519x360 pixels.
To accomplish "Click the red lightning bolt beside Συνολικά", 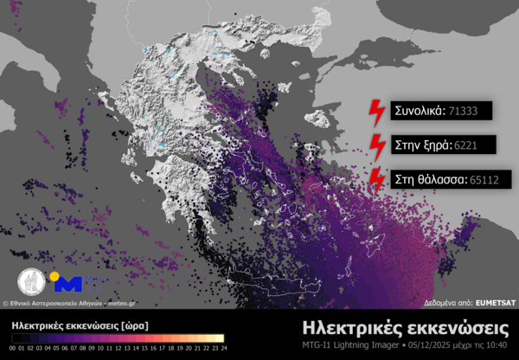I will point(377,111).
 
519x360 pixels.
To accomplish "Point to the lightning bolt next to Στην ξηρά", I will point(377,145).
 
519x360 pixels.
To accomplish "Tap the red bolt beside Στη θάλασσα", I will point(377,178).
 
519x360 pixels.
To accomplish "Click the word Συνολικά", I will point(419,111).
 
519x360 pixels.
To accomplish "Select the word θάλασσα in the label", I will point(439,180).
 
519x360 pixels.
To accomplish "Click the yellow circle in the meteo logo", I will point(54,278).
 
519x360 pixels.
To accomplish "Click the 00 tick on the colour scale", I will point(13,348).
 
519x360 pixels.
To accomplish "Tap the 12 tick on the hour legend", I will point(118,348).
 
